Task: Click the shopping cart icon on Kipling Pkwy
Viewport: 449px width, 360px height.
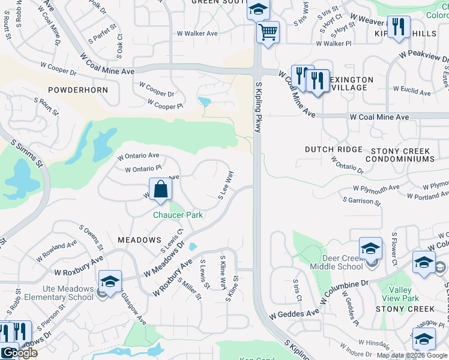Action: point(268,31)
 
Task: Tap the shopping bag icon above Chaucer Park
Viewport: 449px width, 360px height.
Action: point(161,190)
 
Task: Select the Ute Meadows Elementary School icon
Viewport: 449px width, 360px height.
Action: point(110,281)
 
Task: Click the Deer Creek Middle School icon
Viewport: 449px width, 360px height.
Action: point(370,248)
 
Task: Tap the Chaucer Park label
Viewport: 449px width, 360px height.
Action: point(178,215)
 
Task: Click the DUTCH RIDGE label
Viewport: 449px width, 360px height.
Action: point(334,149)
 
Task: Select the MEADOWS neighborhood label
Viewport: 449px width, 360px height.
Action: point(139,240)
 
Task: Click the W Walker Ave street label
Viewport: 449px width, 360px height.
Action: point(197,34)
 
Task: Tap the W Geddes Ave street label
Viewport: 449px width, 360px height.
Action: point(294,313)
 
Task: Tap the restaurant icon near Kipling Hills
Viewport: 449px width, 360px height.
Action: point(399,27)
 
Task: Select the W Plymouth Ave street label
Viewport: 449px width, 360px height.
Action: point(376,188)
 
